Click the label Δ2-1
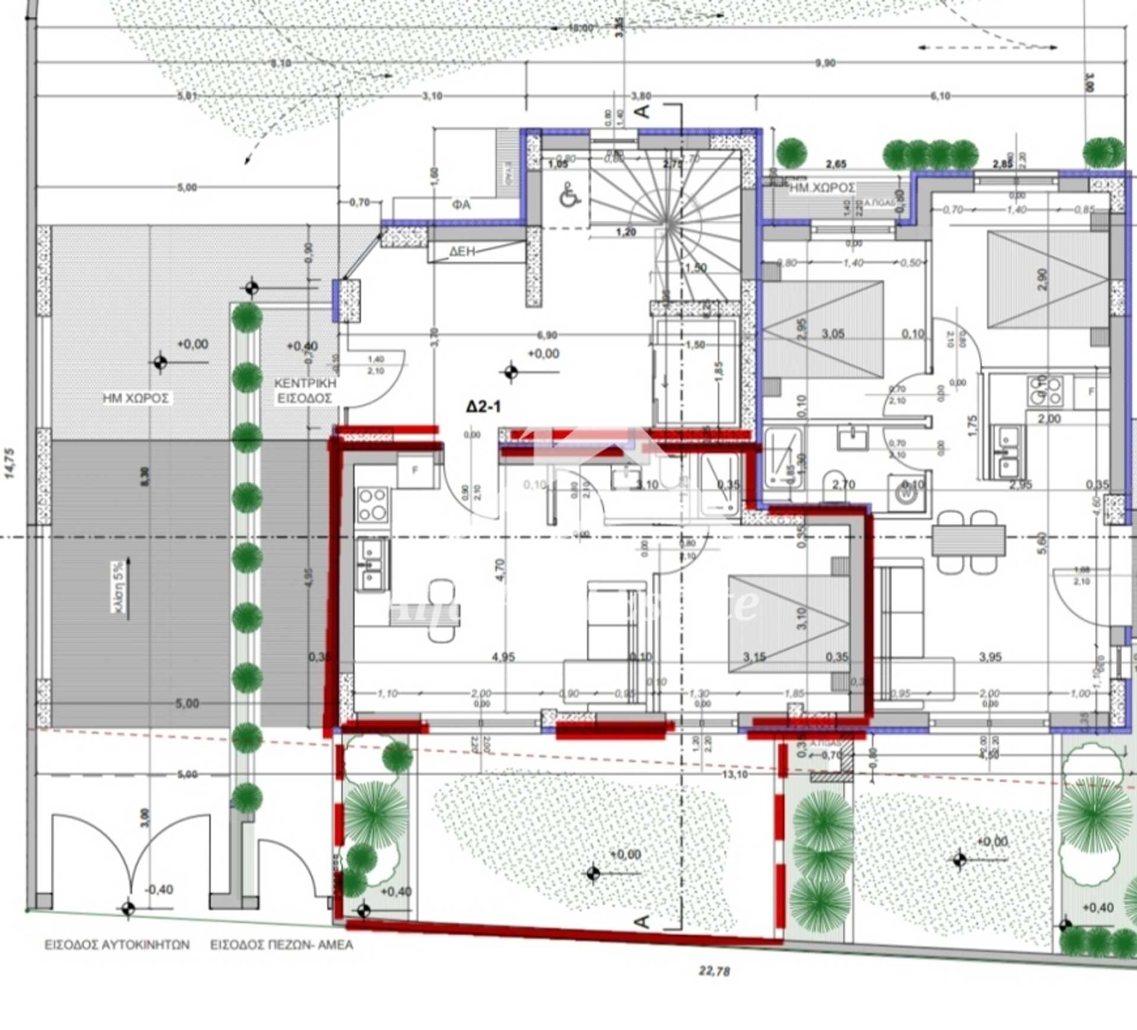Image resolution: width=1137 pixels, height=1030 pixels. pos(484,407)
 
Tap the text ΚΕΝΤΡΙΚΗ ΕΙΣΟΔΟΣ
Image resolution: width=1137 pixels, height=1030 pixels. pos(304,391)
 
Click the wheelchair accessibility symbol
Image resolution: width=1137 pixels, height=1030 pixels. pos(570,194)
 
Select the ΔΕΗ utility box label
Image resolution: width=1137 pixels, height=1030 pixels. pos(462,251)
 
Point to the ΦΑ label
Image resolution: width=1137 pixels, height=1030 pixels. pos(461,205)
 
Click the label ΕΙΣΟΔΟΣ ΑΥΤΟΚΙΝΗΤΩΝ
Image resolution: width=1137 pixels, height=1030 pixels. pos(117,944)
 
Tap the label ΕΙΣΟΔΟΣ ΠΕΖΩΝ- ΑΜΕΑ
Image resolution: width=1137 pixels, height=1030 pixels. pos(281,944)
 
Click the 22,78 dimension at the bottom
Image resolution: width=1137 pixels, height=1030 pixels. pos(714,971)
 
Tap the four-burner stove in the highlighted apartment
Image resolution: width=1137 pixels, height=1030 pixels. pos(372,505)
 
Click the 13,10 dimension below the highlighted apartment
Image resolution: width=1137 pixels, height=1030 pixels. pos(734,774)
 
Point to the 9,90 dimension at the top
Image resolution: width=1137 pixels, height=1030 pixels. pos(825,63)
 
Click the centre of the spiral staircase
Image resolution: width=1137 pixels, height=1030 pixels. pos(668,224)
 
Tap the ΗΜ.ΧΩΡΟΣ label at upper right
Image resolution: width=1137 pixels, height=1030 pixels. pos(822,188)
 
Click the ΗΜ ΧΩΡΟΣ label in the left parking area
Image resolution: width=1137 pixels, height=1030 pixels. pos(136,398)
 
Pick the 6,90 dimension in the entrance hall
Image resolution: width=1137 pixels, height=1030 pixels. pos(547,335)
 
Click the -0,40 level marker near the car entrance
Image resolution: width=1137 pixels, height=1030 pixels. pos(159,890)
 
